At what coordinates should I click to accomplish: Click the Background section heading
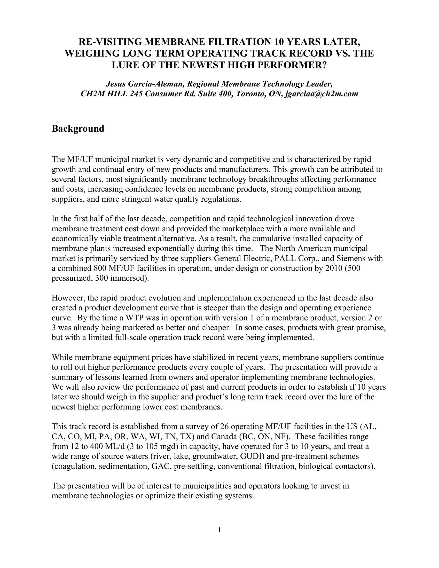click(x=78, y=129)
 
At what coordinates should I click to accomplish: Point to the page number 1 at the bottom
click(x=219, y=530)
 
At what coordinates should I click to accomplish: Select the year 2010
click(x=334, y=268)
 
